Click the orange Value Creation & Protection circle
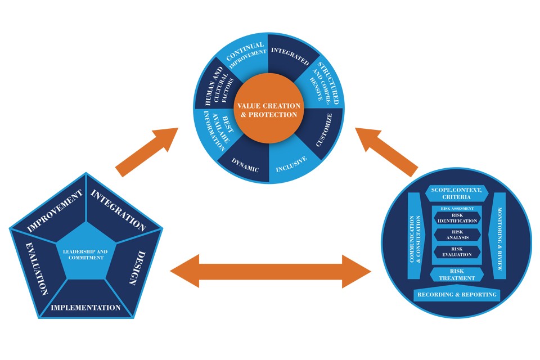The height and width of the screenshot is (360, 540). point(268,110)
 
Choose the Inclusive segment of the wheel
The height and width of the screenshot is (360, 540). point(291,163)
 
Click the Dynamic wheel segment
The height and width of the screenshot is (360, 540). point(244,163)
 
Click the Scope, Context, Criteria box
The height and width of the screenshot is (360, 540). point(456,193)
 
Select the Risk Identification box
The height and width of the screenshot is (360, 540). point(456,218)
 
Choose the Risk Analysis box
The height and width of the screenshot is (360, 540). point(457,235)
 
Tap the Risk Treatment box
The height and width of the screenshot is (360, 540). point(457,274)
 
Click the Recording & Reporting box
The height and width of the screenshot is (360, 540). point(457,294)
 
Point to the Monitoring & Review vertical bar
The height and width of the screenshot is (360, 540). point(498,236)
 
